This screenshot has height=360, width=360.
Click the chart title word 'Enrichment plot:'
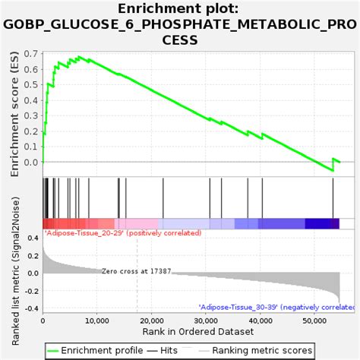point(179,8)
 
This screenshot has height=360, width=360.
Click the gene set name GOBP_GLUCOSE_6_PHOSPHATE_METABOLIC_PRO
point(179,24)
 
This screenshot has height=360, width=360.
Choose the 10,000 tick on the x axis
point(96,321)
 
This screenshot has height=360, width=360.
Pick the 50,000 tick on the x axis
point(314,321)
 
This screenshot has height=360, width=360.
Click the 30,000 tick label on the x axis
point(206,321)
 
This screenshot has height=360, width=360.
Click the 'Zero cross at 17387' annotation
point(136,271)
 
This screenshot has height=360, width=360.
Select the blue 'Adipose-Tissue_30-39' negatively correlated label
point(276,308)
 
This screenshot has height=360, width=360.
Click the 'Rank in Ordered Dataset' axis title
point(191,333)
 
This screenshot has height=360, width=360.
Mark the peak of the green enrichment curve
point(79,56)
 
